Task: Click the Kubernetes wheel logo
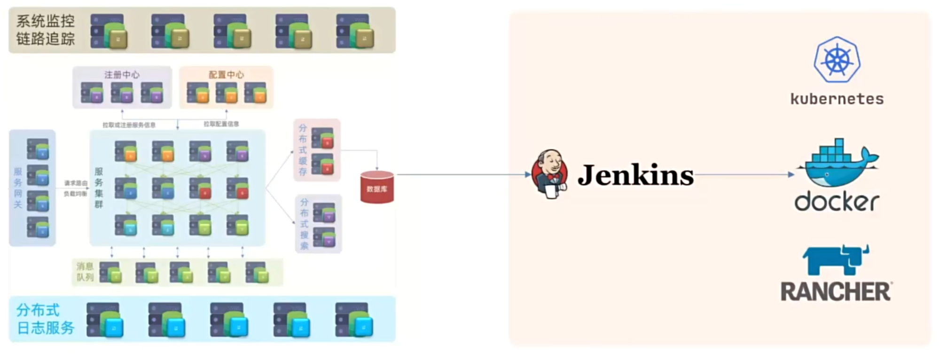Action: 837,60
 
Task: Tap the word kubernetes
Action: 837,99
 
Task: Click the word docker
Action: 837,202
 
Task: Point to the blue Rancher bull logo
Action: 836,259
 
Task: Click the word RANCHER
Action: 836,291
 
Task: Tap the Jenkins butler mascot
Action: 549,174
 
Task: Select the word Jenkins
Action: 635,175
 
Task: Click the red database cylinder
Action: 377,187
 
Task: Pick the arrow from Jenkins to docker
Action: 744,174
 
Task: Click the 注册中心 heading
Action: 122,75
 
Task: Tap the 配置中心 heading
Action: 226,75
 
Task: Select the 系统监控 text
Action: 46,21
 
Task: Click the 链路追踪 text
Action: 46,39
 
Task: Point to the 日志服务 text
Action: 46,328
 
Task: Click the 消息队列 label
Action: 85,272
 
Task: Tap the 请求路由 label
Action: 76,183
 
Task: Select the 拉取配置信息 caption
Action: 221,124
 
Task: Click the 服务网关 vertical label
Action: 18,188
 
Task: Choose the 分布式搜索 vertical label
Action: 304,224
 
